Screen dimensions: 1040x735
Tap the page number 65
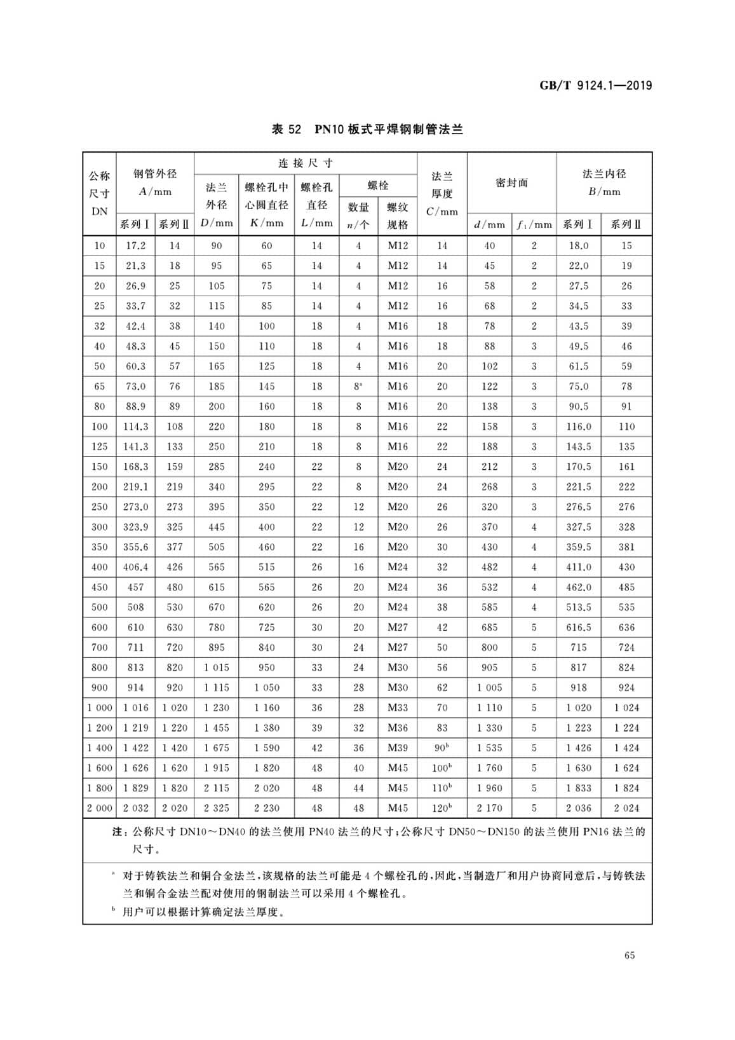click(x=630, y=955)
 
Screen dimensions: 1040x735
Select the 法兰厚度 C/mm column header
click(x=442, y=193)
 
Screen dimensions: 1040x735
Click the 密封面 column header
click(x=511, y=183)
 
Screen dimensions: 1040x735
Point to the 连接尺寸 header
click(x=306, y=163)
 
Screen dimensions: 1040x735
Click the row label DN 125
click(x=100, y=446)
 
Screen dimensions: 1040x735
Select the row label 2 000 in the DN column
click(x=100, y=808)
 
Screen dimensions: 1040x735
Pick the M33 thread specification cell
click(x=398, y=708)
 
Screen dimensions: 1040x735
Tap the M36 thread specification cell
click(x=398, y=728)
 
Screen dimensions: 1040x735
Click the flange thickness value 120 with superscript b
click(x=442, y=808)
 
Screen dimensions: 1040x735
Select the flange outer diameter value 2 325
click(x=217, y=808)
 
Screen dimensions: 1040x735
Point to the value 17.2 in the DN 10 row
click(x=135, y=245)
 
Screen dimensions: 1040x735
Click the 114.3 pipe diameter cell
click(x=135, y=427)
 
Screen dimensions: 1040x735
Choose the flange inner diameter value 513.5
click(x=579, y=607)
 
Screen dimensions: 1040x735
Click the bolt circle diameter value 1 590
click(x=267, y=748)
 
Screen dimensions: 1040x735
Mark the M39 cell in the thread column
click(x=398, y=748)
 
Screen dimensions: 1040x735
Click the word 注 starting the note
click(x=116, y=831)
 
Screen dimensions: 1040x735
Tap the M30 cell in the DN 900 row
click(x=398, y=687)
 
